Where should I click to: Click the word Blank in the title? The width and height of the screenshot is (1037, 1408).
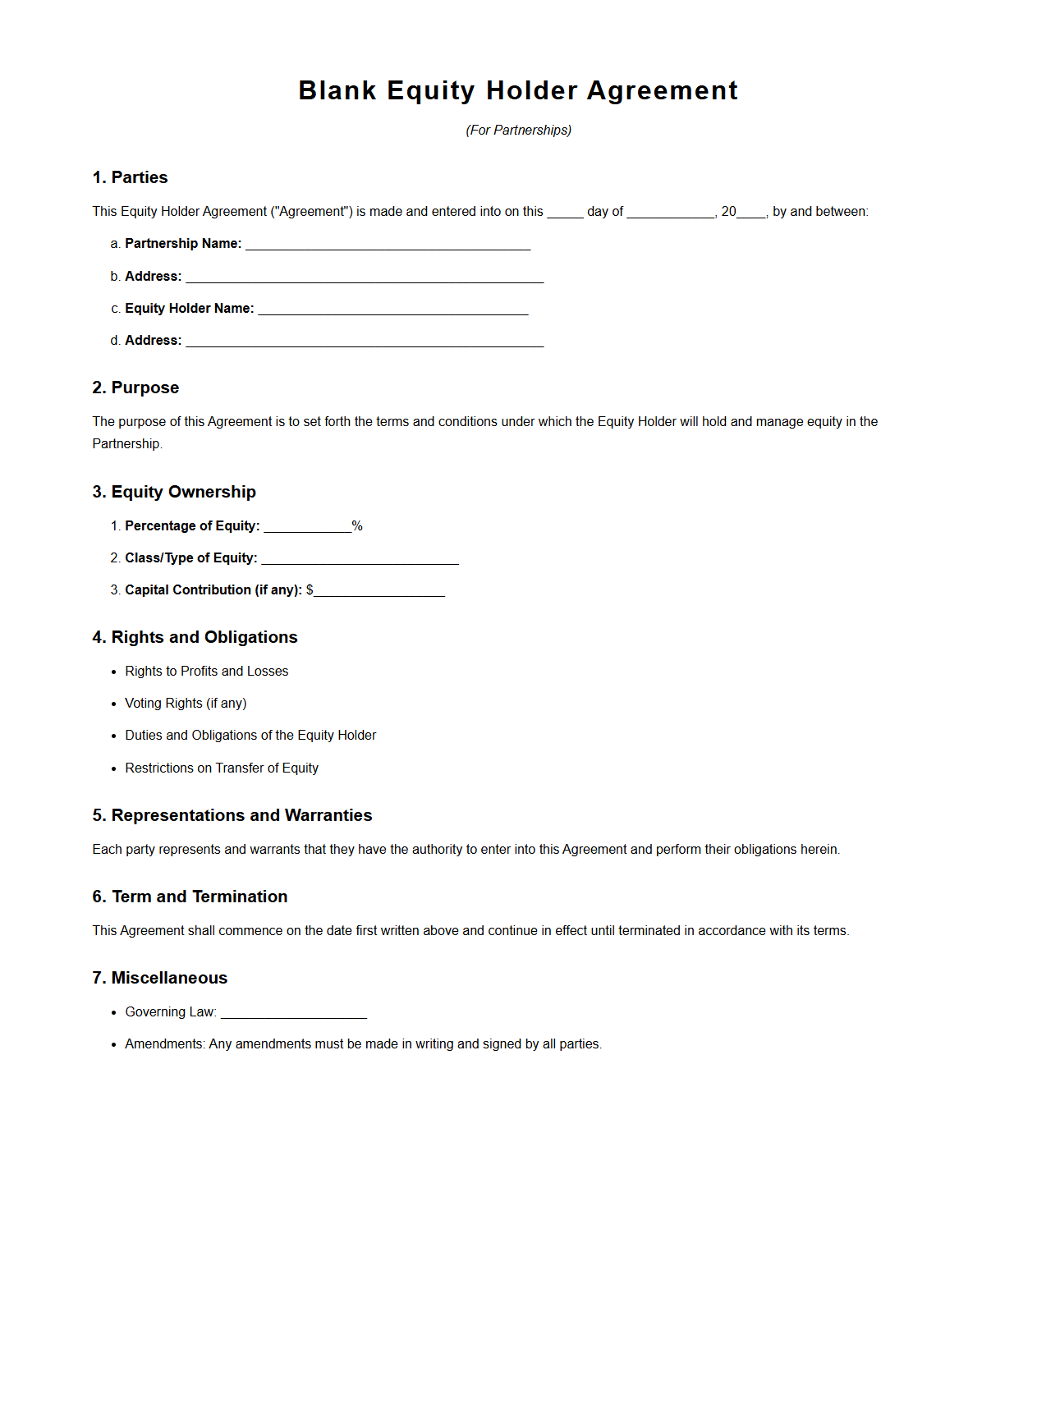click(x=337, y=90)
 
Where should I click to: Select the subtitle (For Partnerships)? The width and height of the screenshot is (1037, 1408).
click(x=518, y=130)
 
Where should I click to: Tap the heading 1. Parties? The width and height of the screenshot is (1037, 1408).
click(x=130, y=177)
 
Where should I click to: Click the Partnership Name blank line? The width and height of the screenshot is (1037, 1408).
click(x=388, y=245)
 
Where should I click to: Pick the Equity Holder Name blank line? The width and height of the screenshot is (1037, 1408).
click(x=392, y=310)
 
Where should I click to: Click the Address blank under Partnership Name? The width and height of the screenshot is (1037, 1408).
click(x=365, y=277)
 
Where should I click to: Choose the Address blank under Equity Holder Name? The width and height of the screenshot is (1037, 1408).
click(x=365, y=342)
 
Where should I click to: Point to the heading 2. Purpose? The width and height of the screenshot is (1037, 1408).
click(x=135, y=388)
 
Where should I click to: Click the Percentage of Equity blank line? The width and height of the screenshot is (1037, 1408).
click(x=307, y=527)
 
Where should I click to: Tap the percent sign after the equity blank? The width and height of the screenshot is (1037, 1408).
click(x=357, y=526)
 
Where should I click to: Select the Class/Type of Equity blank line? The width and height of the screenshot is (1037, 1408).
click(x=360, y=559)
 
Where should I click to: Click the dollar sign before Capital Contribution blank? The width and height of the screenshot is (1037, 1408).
click(x=310, y=589)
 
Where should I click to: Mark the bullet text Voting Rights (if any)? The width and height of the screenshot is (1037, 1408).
click(x=186, y=703)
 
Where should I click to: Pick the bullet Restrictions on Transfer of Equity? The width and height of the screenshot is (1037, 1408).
click(x=222, y=768)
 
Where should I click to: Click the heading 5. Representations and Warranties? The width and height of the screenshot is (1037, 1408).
click(x=232, y=815)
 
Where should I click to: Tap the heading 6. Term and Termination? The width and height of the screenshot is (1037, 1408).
click(x=190, y=897)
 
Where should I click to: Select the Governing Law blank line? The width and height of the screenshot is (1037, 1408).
click(x=293, y=1013)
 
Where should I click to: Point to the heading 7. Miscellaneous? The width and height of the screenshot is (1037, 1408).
click(x=159, y=978)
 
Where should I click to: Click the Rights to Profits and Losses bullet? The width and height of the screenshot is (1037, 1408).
click(x=206, y=671)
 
